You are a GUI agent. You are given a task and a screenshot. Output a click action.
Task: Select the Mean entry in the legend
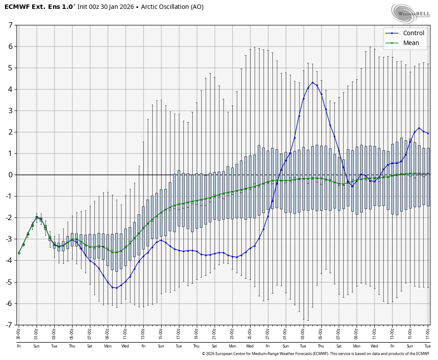point(411,43)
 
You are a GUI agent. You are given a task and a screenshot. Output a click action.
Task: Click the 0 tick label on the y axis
point(10,175)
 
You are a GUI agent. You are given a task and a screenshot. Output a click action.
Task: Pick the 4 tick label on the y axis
point(10,89)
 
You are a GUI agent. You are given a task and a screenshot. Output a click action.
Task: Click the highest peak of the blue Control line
point(312,82)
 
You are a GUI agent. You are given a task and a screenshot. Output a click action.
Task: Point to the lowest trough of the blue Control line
point(117,288)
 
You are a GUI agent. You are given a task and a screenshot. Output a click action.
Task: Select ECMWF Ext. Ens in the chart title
point(34,7)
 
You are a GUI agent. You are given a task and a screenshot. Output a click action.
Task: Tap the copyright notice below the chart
point(316,354)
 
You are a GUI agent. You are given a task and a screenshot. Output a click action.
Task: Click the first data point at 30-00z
point(19,253)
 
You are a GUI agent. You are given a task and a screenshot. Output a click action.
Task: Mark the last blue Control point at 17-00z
point(428,133)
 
